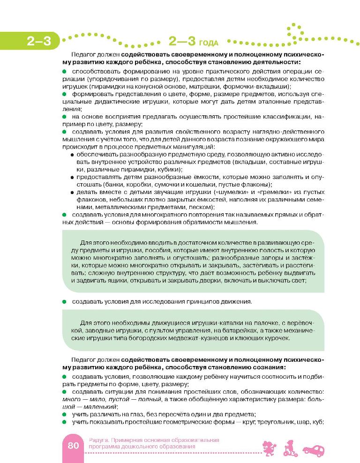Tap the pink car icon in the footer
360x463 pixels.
pos(314,449)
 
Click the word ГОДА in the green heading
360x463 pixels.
pos(208,43)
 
